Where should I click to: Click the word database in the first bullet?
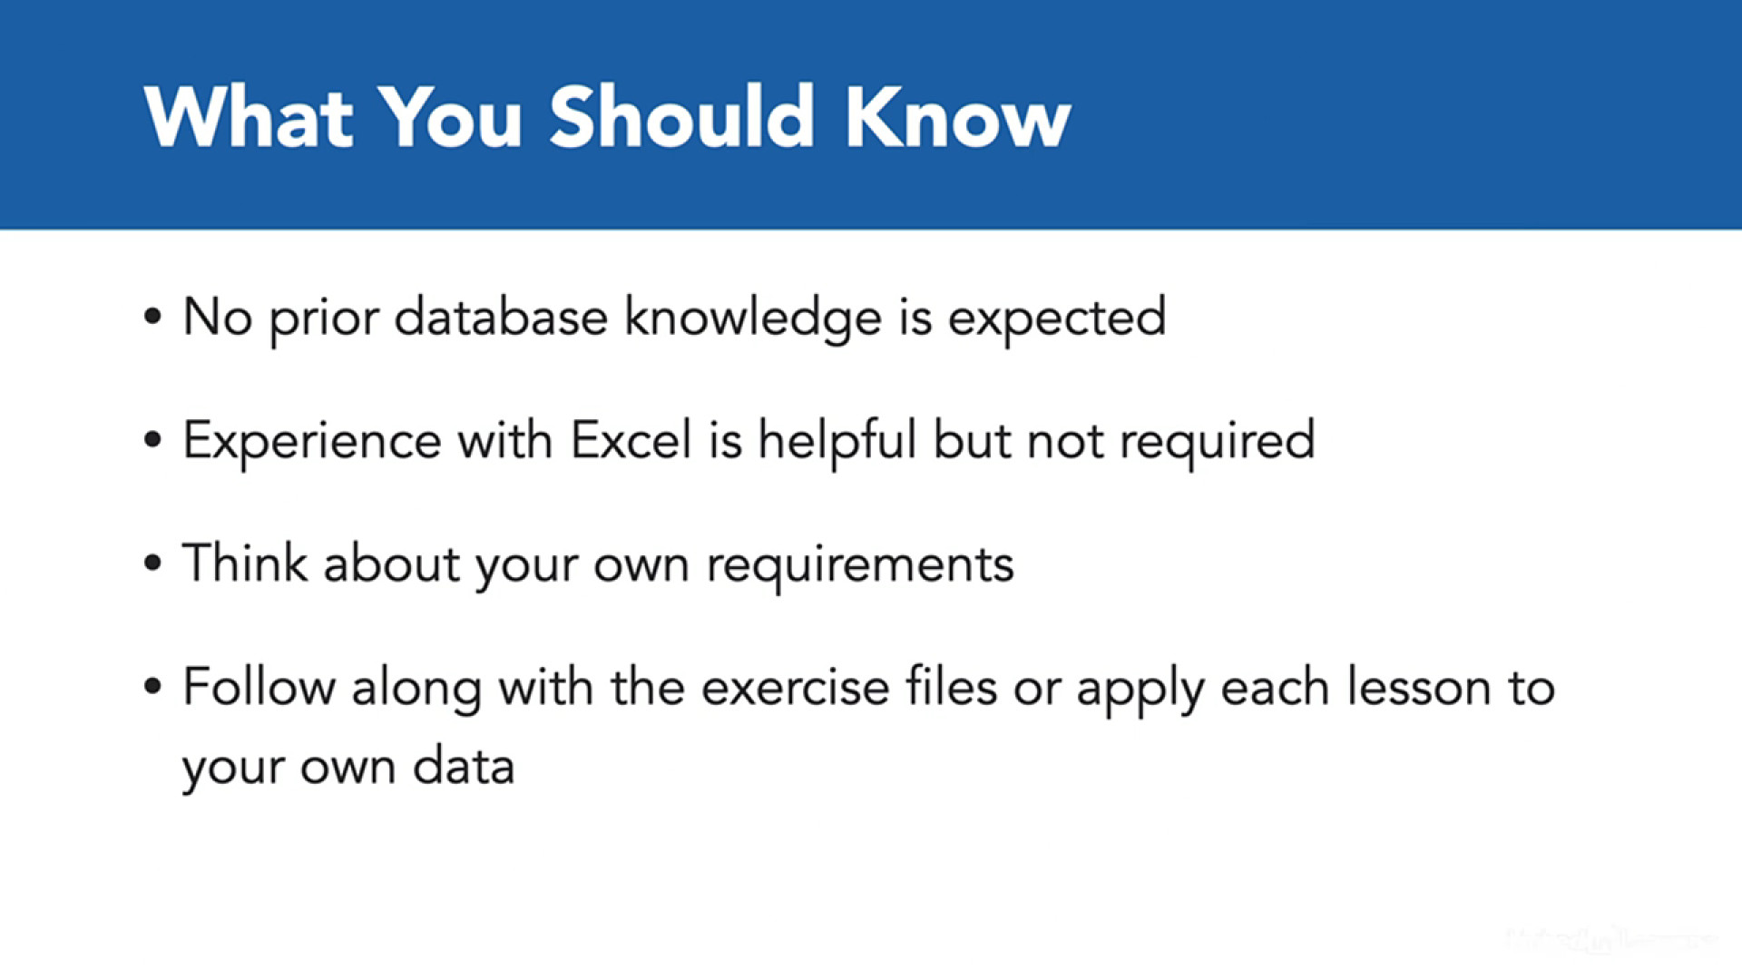coord(501,318)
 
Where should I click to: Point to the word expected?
coord(1057,319)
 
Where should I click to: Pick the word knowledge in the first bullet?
coord(753,319)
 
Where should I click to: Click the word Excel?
coord(631,441)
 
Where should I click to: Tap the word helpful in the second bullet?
coord(837,443)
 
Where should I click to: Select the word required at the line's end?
coord(1218,443)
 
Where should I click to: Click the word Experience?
coord(312,443)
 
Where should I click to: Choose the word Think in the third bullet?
coord(245,563)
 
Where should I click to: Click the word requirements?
coord(860,566)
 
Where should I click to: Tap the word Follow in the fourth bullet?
coord(259,687)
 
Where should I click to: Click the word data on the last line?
coord(464,766)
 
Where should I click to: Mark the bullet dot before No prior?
coord(152,317)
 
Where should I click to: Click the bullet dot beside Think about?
coord(152,563)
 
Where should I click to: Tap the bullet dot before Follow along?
coord(152,686)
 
